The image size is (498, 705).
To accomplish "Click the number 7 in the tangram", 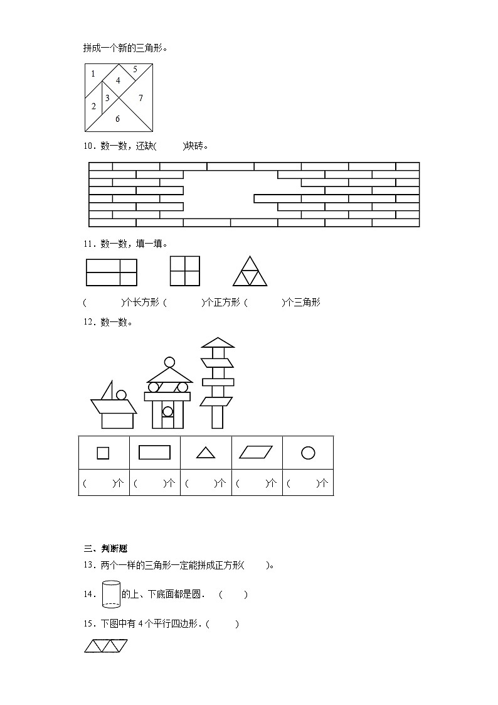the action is pyautogui.click(x=140, y=98).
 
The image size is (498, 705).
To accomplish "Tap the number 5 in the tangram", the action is pyautogui.click(x=134, y=69).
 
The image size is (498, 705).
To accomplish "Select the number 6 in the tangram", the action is pyautogui.click(x=117, y=118).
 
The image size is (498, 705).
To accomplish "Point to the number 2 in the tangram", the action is pyautogui.click(x=94, y=106).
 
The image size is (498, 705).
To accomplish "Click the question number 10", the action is pyautogui.click(x=88, y=146).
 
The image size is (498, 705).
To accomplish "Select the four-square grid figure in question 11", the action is pyautogui.click(x=184, y=271).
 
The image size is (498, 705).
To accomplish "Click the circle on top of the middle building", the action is pyautogui.click(x=169, y=362).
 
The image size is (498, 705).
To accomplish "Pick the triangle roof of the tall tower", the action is pyautogui.click(x=217, y=342).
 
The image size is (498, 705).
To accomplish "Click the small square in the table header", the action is pyautogui.click(x=103, y=453).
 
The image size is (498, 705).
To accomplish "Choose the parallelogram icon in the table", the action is pyautogui.click(x=257, y=453).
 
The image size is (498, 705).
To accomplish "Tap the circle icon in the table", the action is pyautogui.click(x=308, y=453).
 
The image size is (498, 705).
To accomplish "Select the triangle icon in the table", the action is pyautogui.click(x=206, y=453).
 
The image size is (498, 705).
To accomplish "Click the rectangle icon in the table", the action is pyautogui.click(x=154, y=453).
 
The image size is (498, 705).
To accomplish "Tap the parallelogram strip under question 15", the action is pyautogui.click(x=106, y=646).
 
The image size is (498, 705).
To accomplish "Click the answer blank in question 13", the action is pyautogui.click(x=257, y=565).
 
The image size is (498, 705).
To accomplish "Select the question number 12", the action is pyautogui.click(x=88, y=322).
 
